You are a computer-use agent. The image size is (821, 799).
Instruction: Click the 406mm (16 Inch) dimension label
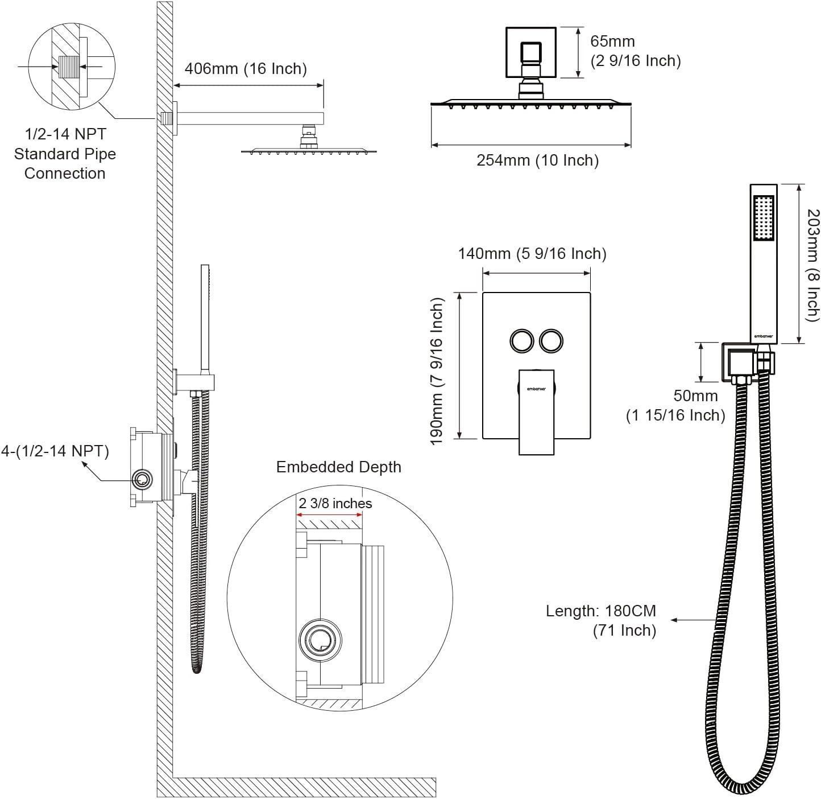click(x=246, y=69)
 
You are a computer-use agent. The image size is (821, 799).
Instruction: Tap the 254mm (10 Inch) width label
click(x=537, y=160)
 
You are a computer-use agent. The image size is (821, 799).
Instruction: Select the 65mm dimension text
click(x=612, y=42)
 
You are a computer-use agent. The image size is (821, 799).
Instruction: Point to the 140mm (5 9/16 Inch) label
click(x=532, y=254)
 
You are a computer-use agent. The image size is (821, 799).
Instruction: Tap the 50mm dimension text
click(x=695, y=396)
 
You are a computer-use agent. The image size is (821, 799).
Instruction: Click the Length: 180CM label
click(x=601, y=611)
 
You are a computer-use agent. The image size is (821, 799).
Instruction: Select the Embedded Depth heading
click(x=339, y=467)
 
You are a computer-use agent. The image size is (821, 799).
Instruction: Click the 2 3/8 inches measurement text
click(x=335, y=504)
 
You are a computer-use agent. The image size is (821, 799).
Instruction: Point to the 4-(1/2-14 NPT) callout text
click(x=55, y=451)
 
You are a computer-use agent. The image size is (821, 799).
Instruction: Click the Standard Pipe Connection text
click(x=65, y=164)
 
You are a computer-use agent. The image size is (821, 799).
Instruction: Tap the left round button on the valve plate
click(x=521, y=341)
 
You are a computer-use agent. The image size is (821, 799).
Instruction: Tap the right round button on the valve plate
click(x=552, y=341)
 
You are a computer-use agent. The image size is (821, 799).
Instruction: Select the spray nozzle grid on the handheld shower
click(x=763, y=218)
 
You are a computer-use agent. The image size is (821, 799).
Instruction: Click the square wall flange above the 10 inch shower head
click(x=530, y=52)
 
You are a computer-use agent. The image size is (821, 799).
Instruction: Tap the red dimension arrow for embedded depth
click(x=329, y=516)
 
